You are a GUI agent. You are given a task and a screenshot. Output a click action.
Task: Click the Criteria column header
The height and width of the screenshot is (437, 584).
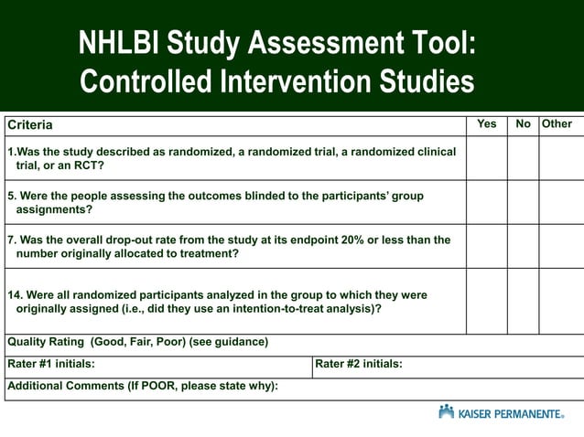click(30, 124)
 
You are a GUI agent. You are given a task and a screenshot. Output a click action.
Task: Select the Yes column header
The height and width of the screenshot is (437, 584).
click(487, 123)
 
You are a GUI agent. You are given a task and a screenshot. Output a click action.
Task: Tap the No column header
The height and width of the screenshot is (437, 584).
click(523, 123)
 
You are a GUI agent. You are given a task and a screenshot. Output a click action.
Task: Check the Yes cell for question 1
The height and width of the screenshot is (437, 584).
click(487, 158)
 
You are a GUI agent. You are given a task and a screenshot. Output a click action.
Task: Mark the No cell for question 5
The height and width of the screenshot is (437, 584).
click(523, 202)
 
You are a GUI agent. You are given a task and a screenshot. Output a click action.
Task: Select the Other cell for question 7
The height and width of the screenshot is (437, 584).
click(560, 246)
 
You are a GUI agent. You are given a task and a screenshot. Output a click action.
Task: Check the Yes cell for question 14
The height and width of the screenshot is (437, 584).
click(487, 301)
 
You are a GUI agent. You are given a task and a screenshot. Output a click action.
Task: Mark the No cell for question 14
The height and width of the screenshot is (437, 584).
click(523, 301)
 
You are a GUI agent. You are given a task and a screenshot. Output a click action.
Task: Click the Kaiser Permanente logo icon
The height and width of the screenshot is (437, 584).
click(446, 412)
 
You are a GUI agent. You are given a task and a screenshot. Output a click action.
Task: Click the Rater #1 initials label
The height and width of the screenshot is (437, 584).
click(51, 364)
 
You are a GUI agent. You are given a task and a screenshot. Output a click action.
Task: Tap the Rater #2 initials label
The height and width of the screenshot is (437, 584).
click(359, 364)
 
